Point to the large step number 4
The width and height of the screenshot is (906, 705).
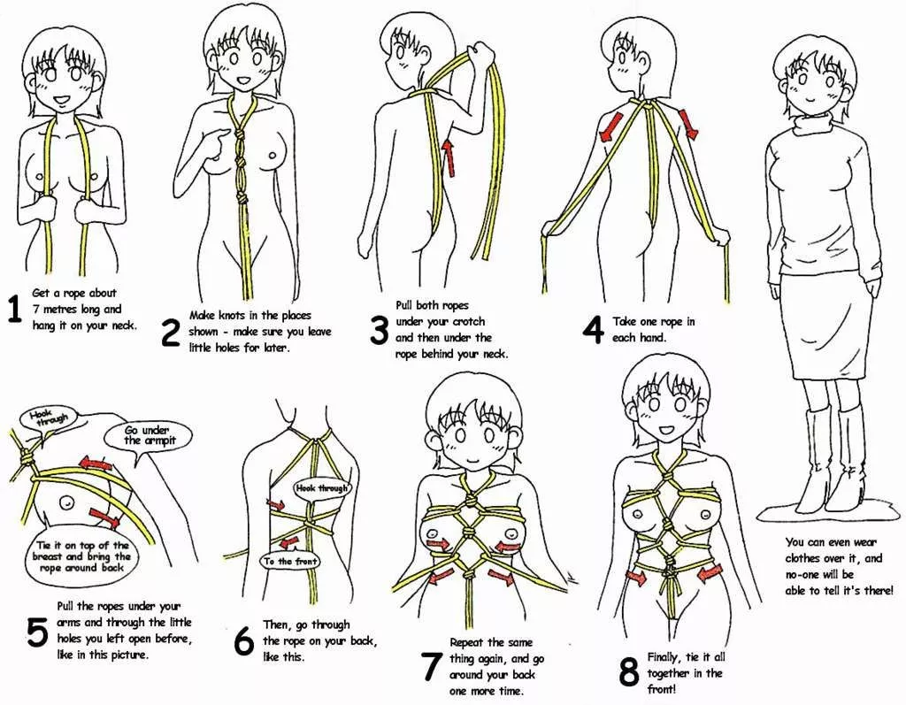592,328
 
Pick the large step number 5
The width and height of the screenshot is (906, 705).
37,633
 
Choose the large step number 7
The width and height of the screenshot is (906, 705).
431,666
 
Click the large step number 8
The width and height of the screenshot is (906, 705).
629,672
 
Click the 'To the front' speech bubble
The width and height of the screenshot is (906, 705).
289,561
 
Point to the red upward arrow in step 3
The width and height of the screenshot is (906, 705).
449,155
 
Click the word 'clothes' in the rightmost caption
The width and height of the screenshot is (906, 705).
809,558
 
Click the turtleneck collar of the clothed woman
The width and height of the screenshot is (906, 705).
814,123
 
